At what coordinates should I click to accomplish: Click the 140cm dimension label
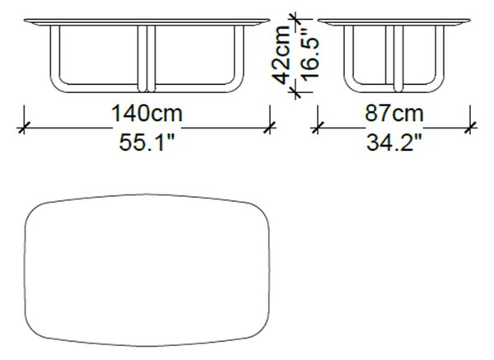(x=147, y=114)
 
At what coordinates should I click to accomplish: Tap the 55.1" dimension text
(x=147, y=143)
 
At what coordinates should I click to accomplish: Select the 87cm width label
(x=394, y=114)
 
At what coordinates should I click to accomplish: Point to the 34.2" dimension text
(x=394, y=143)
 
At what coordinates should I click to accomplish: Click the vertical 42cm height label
(x=282, y=54)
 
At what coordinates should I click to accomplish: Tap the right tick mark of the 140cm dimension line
(x=270, y=128)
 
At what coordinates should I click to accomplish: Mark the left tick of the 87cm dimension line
(x=317, y=128)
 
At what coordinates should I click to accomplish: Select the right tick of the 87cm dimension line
(x=470, y=128)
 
